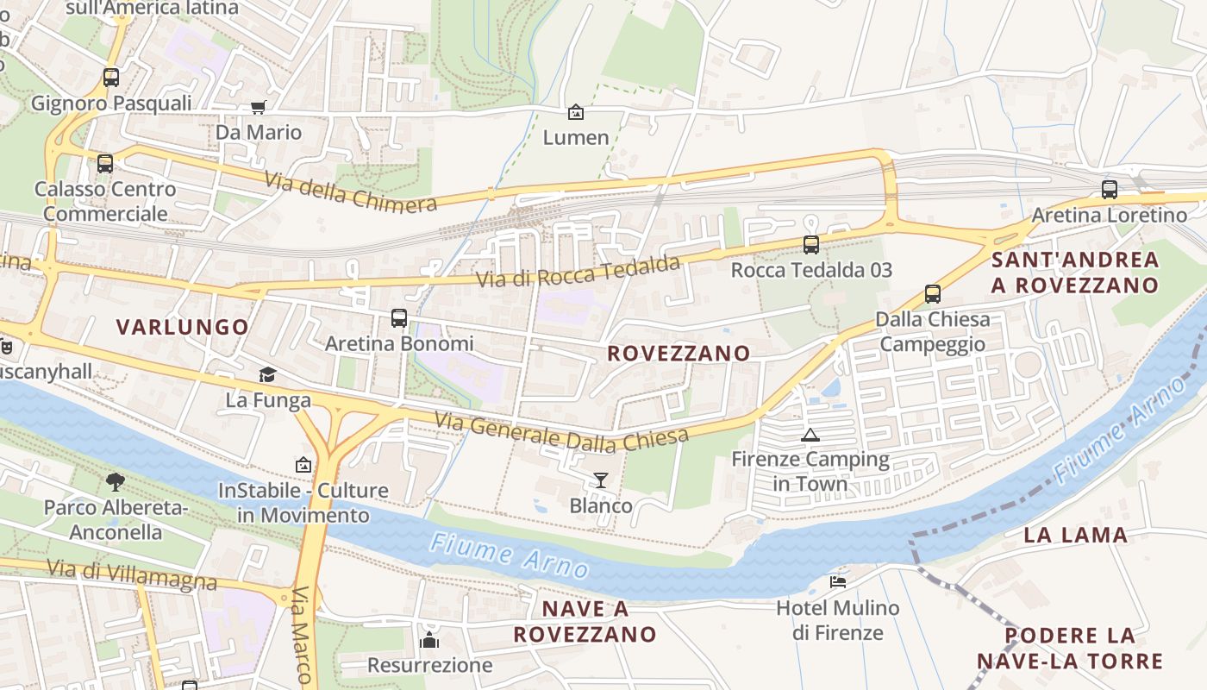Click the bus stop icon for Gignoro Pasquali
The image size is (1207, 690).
pyautogui.click(x=111, y=77)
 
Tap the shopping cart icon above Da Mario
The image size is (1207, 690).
pyautogui.click(x=258, y=107)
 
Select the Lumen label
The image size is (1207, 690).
pyautogui.click(x=576, y=137)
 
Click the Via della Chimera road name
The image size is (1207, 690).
pyautogui.click(x=350, y=192)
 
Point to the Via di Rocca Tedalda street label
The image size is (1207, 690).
pyautogui.click(x=578, y=272)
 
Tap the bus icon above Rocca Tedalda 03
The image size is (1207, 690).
pyautogui.click(x=811, y=244)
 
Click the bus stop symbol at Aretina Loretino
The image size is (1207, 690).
pyautogui.click(x=1110, y=189)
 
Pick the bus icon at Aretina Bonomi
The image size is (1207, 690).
pyautogui.click(x=399, y=317)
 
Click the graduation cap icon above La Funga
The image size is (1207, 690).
pyautogui.click(x=268, y=374)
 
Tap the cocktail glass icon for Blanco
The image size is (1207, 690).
pyautogui.click(x=601, y=480)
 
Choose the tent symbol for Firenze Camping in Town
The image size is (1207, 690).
pyautogui.click(x=810, y=435)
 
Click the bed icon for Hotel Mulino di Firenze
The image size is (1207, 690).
pyautogui.click(x=837, y=581)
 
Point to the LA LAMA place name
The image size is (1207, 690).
pyautogui.click(x=1075, y=535)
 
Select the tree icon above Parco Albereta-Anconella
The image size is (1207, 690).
pyautogui.click(x=116, y=481)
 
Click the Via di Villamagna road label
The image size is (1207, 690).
pyautogui.click(x=132, y=574)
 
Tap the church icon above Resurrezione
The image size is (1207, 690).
pyautogui.click(x=429, y=639)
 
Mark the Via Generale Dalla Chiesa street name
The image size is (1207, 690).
pyautogui.click(x=561, y=432)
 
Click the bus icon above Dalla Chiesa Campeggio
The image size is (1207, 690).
pyautogui.click(x=933, y=293)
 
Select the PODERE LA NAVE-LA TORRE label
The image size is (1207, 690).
pyautogui.click(x=1070, y=649)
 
